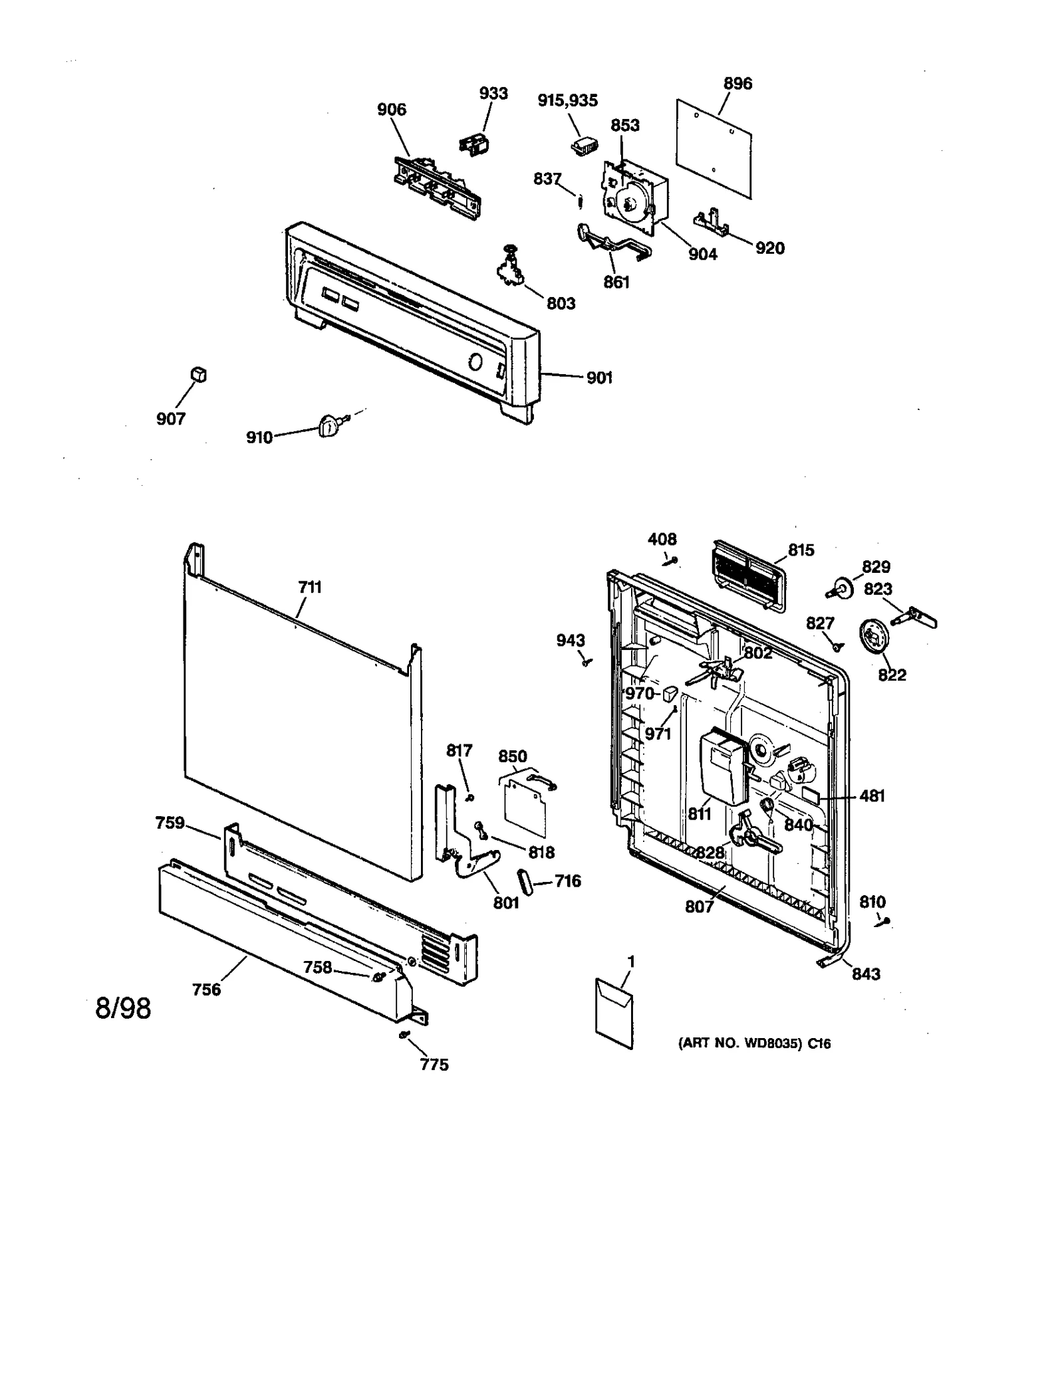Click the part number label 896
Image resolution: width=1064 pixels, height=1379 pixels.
click(x=737, y=84)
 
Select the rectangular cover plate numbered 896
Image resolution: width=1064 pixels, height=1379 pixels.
click(x=714, y=149)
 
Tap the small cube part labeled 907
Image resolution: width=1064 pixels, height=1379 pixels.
click(x=198, y=375)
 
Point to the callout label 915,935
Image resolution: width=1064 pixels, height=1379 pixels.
click(x=567, y=100)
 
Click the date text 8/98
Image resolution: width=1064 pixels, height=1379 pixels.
click(x=123, y=1008)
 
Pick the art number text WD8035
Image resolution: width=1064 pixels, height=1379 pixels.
click(x=753, y=1043)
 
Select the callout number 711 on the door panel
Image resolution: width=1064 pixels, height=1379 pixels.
click(x=310, y=587)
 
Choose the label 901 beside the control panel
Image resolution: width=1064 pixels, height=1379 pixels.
click(x=598, y=377)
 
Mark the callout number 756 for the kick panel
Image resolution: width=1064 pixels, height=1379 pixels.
click(x=206, y=990)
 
